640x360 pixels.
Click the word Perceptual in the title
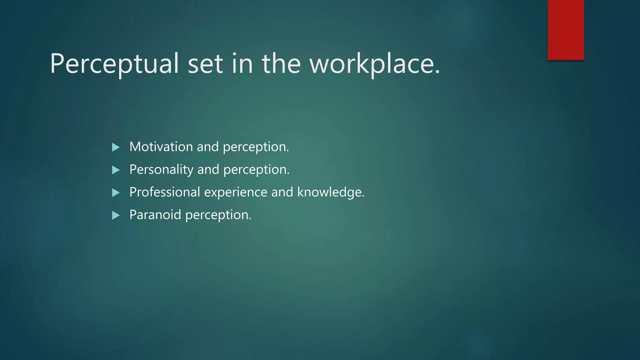(114, 64)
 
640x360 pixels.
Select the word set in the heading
(205, 64)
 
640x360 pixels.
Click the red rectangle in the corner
(566, 30)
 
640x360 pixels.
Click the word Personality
(161, 170)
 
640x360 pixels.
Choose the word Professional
(165, 192)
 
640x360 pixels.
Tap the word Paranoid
(155, 215)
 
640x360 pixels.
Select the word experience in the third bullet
(236, 192)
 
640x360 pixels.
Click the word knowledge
(330, 192)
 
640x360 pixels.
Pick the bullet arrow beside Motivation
(116, 147)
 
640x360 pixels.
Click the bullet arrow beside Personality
(116, 170)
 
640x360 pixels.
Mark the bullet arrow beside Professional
(116, 192)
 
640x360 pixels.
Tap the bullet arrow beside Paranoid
(116, 215)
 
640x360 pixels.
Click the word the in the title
(281, 64)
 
